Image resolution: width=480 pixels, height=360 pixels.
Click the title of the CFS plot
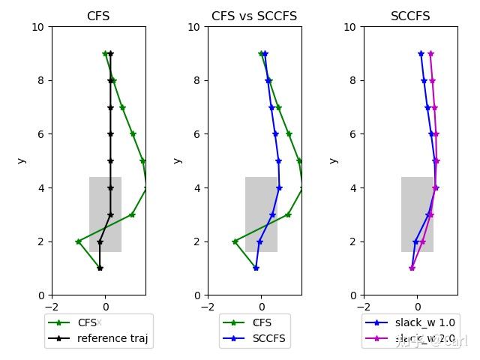click(98, 16)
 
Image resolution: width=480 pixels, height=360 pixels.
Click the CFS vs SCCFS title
click(254, 16)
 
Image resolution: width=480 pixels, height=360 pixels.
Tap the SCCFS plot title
click(410, 16)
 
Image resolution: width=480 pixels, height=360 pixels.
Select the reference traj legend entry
click(112, 338)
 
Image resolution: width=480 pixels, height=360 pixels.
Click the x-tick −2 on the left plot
click(52, 306)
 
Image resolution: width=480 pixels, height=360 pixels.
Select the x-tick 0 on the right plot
click(417, 306)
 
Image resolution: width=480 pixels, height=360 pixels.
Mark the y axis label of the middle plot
click(178, 160)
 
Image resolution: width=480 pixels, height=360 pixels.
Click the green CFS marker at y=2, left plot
click(78, 241)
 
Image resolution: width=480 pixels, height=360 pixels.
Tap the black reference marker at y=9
click(110, 53)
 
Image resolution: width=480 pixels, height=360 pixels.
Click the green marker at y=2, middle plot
click(235, 241)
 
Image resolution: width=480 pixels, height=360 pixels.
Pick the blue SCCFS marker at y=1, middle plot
click(256, 268)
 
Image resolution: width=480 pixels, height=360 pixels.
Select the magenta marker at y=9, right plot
click(430, 53)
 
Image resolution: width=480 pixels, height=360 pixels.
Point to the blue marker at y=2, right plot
click(415, 241)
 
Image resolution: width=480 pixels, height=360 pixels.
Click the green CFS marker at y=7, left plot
click(122, 107)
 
